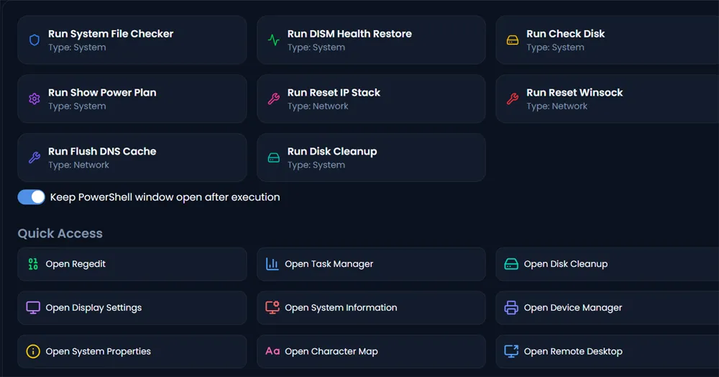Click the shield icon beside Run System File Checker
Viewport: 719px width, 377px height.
(x=35, y=40)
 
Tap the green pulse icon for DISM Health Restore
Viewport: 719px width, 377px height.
(x=274, y=40)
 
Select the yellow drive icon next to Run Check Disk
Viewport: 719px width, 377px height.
(x=513, y=40)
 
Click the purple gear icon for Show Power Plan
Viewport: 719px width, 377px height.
(x=35, y=99)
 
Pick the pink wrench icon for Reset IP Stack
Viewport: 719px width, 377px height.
(x=274, y=99)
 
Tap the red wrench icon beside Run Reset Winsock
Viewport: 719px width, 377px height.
(x=513, y=99)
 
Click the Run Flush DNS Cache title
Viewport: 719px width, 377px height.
(x=102, y=151)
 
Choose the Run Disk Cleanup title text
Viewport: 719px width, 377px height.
(x=332, y=151)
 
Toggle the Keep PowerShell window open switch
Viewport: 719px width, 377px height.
(x=31, y=197)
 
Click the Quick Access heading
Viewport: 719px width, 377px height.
(x=60, y=233)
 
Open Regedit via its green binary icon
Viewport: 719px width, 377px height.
(x=33, y=264)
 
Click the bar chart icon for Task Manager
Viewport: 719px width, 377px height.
(x=273, y=264)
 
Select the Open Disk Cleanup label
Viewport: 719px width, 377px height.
(x=566, y=264)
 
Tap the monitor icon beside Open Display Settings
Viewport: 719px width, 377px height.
(x=33, y=307)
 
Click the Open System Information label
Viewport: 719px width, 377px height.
(x=341, y=308)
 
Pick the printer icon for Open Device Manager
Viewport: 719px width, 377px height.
(x=511, y=307)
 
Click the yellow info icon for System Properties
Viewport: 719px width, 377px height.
(x=33, y=351)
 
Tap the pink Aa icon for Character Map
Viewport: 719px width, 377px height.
(x=273, y=351)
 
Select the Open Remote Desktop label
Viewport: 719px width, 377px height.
(x=573, y=351)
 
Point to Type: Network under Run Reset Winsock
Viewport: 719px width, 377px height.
(x=557, y=106)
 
